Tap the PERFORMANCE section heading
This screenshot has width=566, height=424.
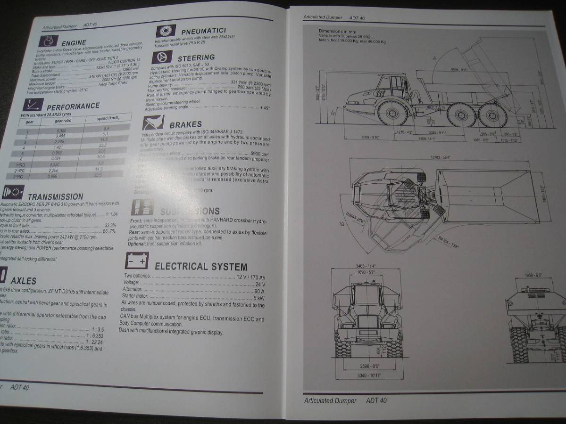[x=73, y=106]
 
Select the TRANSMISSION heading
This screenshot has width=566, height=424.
[x=55, y=196]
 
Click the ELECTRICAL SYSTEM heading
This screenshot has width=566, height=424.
[x=201, y=267]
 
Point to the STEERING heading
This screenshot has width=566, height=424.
[x=196, y=57]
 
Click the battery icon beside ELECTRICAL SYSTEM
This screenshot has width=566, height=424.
[x=137, y=260]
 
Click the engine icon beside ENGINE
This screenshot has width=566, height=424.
[x=49, y=41]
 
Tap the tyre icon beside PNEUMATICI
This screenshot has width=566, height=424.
[x=166, y=31]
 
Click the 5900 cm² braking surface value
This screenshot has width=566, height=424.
[x=259, y=154]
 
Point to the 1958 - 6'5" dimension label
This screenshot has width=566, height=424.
[x=535, y=275]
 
